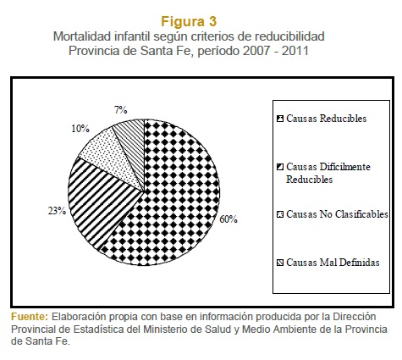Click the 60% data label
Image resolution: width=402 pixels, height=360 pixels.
[x=229, y=219]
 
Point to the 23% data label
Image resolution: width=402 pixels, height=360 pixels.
[x=57, y=211]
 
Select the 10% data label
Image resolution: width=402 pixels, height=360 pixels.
[x=80, y=129]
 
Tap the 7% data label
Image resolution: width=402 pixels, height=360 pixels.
[x=121, y=110]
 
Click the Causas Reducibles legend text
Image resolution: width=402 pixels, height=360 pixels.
[x=327, y=119]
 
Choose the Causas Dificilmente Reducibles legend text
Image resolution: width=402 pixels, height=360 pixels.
[x=328, y=173]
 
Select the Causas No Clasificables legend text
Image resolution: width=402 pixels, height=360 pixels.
[x=337, y=214]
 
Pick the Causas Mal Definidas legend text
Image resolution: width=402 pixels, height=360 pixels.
[x=333, y=263]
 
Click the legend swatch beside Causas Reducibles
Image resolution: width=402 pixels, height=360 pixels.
[x=280, y=119]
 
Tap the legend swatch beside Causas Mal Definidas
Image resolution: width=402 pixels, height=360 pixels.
[x=280, y=263]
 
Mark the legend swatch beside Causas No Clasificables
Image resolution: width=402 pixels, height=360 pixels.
[x=280, y=214]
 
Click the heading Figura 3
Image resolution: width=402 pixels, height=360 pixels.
[x=189, y=21]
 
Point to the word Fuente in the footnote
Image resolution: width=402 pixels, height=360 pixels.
[x=30, y=317]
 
